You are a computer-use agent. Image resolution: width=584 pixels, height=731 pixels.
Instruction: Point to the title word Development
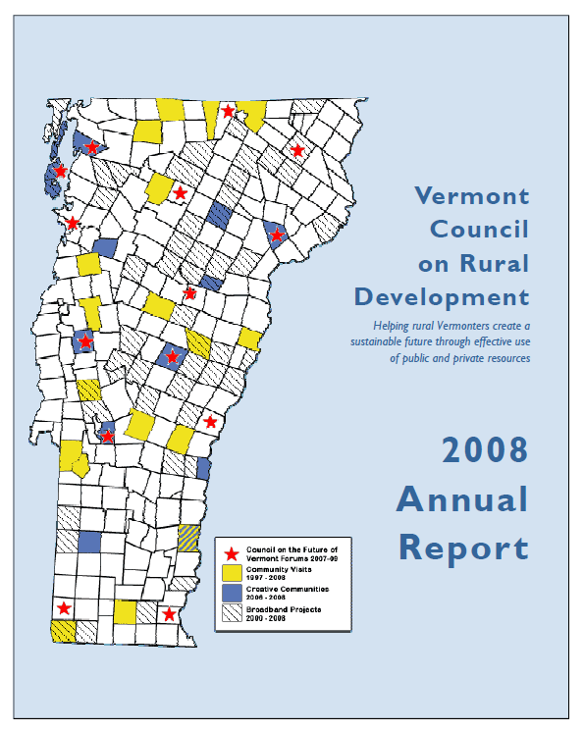pos(442,297)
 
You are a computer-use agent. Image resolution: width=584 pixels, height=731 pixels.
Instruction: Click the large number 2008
pos(484,450)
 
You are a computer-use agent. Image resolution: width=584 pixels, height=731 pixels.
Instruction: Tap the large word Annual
pos(462,499)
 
